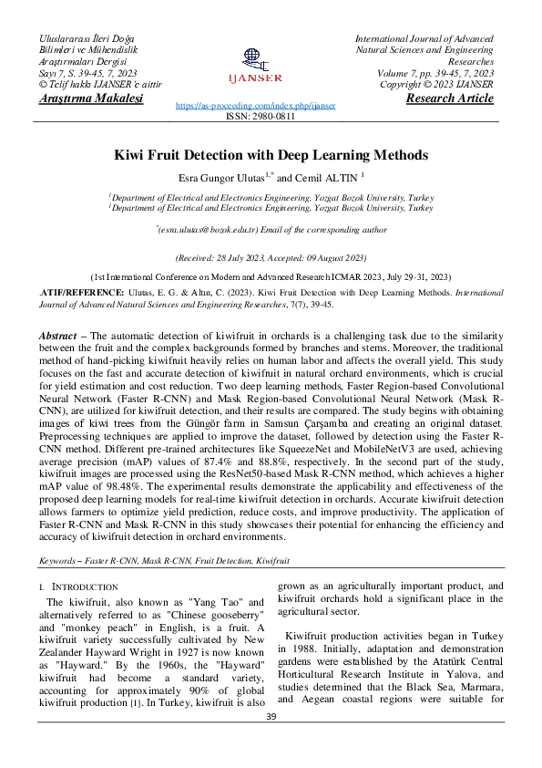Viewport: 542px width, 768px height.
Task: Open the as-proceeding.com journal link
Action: (254, 106)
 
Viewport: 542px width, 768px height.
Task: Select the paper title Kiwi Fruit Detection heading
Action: (271, 156)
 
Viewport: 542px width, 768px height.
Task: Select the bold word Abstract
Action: (56, 337)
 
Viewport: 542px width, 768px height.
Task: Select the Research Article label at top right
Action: (449, 98)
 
